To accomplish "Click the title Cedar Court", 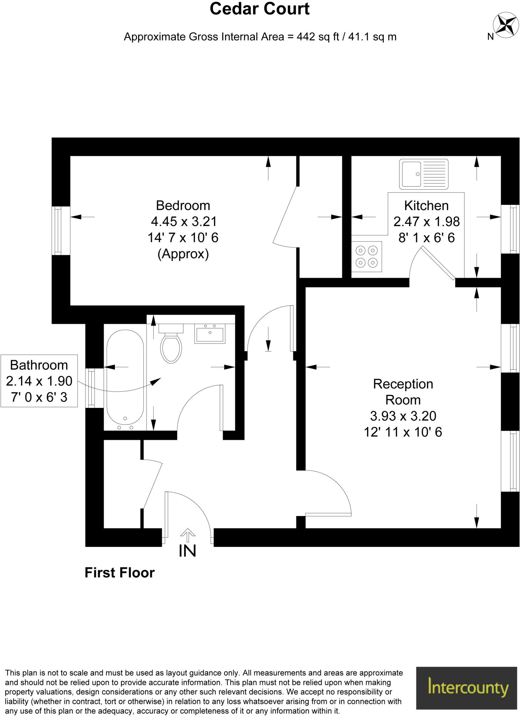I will tap(259, 9).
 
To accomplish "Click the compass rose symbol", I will tap(506, 25).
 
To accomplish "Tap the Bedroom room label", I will tap(183, 206).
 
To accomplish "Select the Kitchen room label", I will tap(426, 206).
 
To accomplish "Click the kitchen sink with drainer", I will tap(423, 174).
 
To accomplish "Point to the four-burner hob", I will tap(367, 257).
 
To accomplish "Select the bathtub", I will tap(125, 380).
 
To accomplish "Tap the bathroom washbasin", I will tap(210, 334).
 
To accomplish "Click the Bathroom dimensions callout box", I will tap(39, 381).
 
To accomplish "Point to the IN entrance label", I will tap(187, 551).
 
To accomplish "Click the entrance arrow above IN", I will tap(188, 535).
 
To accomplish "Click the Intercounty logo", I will tap(466, 688).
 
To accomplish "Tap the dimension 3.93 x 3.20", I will tap(403, 416).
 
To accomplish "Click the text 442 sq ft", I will tap(317, 37).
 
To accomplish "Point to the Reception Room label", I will tap(403, 392).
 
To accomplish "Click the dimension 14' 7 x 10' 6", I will tap(183, 238).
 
